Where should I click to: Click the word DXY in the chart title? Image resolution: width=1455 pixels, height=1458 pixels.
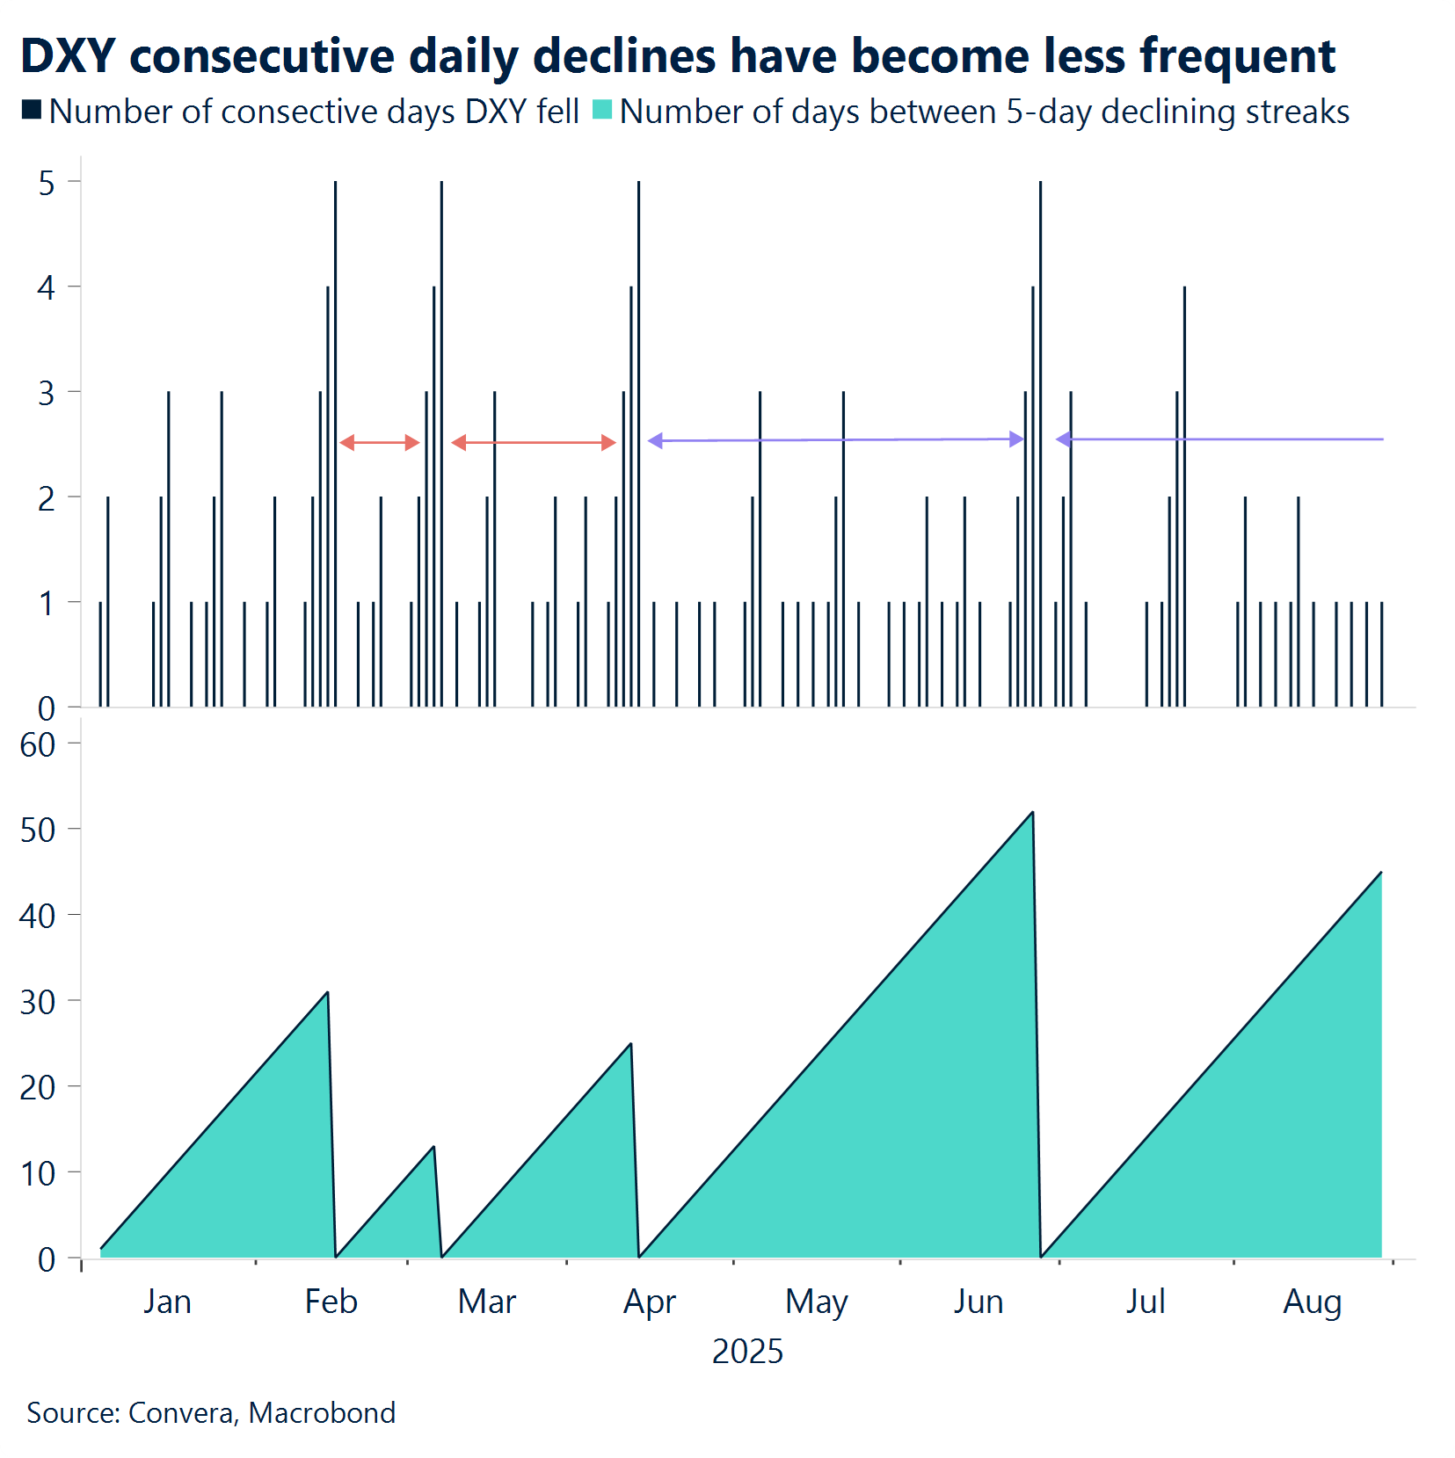pos(68,56)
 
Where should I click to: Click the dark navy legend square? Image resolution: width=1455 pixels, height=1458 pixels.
pos(32,110)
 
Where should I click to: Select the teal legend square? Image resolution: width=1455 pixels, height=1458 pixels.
pos(602,110)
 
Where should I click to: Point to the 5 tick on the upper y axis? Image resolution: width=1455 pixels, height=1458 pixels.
pos(47,183)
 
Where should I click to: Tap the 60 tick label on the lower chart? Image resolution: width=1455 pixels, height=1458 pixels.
pos(38,745)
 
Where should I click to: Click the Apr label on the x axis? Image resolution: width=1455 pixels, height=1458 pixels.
pos(649,1302)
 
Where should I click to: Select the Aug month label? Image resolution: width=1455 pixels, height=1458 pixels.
pos(1312,1302)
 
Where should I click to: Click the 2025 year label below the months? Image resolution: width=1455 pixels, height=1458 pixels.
pos(747,1352)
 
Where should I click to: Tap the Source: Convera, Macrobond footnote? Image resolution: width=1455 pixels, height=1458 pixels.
pos(211,1412)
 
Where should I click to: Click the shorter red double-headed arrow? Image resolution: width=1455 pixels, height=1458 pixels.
pos(379,442)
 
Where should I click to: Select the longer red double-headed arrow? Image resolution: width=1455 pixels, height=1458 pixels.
pos(533,442)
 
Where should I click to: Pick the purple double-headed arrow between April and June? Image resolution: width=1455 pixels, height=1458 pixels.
pos(835,439)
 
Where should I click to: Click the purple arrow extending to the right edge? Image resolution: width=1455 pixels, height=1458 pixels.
pos(1219,439)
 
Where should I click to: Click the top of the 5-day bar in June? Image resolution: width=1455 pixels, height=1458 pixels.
pos(1040,183)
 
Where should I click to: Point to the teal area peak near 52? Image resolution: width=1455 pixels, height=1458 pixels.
pos(1032,813)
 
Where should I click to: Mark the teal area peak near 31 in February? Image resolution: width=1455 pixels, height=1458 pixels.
pos(327,993)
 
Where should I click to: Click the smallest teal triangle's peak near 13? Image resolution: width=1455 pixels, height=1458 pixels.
pos(433,1147)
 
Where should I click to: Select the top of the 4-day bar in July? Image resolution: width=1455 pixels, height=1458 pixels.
pos(1184,287)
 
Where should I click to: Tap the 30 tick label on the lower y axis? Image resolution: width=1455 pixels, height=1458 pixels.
pos(38,1002)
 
